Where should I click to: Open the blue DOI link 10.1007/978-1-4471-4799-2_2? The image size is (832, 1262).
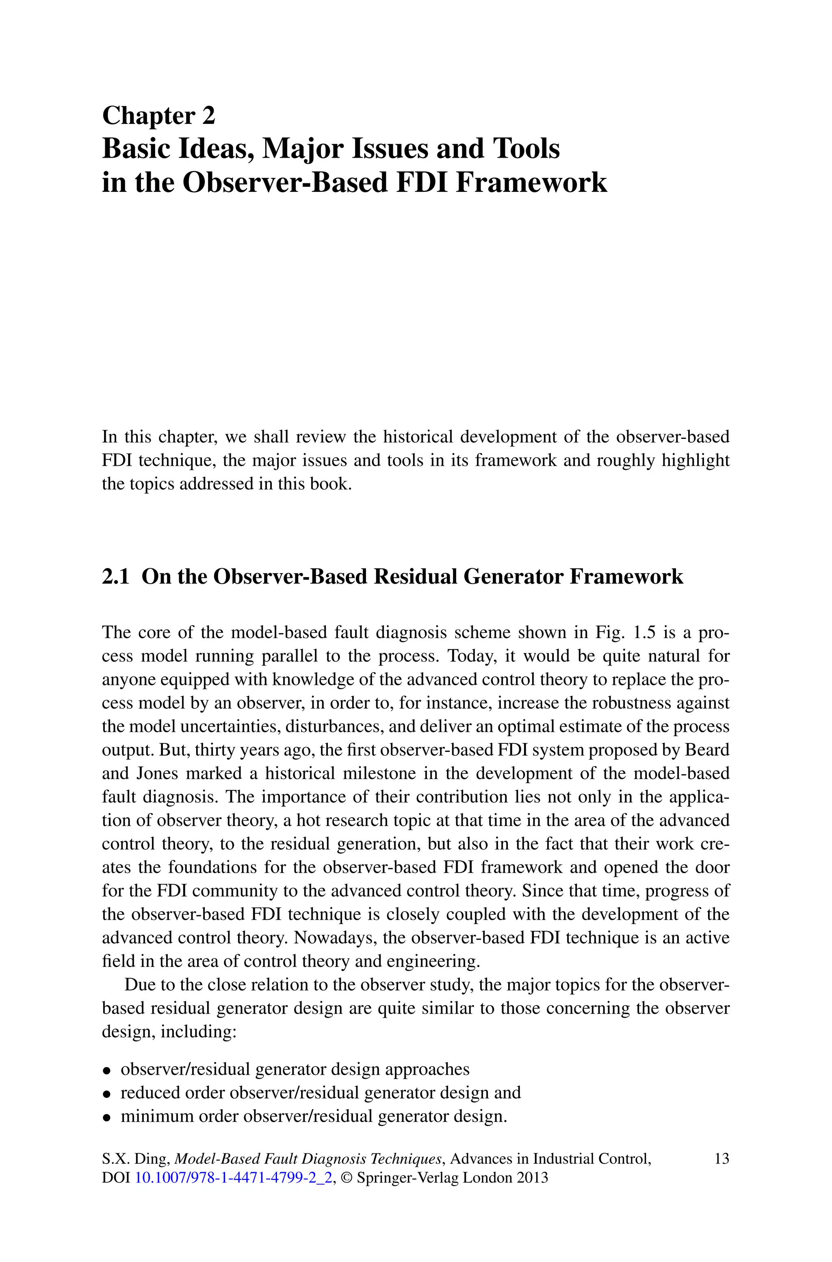234,1179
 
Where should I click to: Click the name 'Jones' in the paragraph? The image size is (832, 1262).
157,773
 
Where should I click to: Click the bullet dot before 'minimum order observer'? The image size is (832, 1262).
107,1116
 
